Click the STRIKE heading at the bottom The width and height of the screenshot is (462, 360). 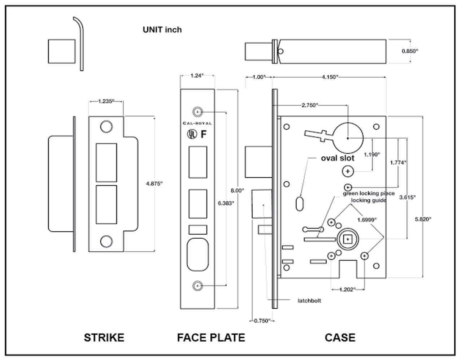(104, 338)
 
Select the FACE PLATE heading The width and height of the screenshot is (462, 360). (211, 338)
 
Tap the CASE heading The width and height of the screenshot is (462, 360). (340, 338)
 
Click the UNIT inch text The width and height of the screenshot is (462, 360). (162, 30)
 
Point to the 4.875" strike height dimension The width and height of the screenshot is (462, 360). (154, 183)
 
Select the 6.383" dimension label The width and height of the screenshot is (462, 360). (226, 203)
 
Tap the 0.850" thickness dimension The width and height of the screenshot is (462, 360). (410, 51)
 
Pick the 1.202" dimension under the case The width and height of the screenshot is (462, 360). (348, 289)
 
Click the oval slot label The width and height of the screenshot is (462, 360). (338, 158)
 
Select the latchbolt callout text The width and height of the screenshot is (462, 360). (309, 300)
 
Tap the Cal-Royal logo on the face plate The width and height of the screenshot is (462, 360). (197, 123)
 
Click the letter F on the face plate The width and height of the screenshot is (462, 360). (204, 134)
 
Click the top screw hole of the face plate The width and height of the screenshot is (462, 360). (197, 112)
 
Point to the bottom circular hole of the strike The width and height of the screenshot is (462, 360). (106, 241)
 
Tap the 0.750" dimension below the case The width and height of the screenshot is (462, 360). (262, 321)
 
